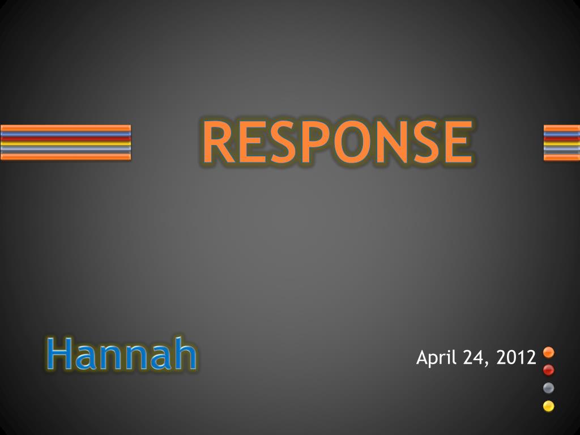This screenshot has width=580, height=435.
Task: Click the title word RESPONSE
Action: (x=338, y=142)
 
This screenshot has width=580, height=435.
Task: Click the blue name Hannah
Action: (x=122, y=353)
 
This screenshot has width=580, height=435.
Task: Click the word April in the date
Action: (x=437, y=358)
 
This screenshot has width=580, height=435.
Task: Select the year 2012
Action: (x=517, y=357)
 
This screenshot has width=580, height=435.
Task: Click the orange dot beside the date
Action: (x=548, y=352)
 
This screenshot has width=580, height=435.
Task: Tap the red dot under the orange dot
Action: (x=548, y=370)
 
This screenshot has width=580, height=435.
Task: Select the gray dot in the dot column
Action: (x=548, y=387)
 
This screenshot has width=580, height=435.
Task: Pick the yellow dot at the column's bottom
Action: (x=548, y=406)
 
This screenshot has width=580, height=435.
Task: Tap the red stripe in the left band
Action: (x=66, y=138)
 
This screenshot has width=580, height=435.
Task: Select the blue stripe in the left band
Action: (x=66, y=134)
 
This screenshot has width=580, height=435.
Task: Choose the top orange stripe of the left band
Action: (x=66, y=128)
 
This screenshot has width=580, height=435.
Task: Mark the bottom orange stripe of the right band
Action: (x=562, y=157)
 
